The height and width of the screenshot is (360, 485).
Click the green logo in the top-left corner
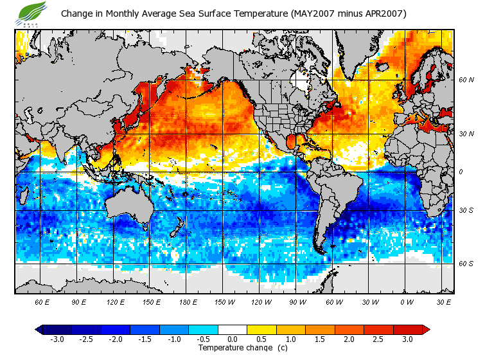pyautogui.click(x=32, y=12)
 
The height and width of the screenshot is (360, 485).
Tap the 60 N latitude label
pyautogui.click(x=466, y=80)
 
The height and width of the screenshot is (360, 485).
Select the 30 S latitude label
pyautogui.click(x=466, y=210)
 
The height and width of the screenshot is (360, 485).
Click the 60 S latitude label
pyautogui.click(x=466, y=264)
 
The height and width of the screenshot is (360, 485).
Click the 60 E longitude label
pyautogui.click(x=43, y=301)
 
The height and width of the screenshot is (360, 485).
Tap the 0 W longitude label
pyautogui.click(x=407, y=301)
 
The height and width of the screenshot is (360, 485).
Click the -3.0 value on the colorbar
pyautogui.click(x=57, y=339)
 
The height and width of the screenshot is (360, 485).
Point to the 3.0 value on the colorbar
pyautogui.click(x=407, y=339)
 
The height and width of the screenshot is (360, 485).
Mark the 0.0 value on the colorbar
pyautogui.click(x=232, y=339)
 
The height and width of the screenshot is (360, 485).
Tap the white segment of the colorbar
pyautogui.click(x=233, y=329)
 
